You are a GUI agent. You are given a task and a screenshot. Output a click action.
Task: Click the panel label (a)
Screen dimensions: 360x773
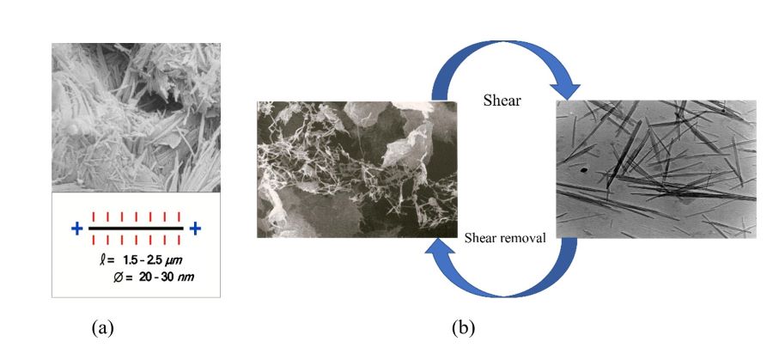click(x=102, y=327)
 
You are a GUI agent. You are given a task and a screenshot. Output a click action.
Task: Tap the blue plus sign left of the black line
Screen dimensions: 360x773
click(x=76, y=229)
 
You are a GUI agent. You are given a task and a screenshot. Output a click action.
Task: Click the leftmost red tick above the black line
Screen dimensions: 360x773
click(x=91, y=217)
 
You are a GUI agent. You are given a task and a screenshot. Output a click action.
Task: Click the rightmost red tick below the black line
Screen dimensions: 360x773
click(x=178, y=241)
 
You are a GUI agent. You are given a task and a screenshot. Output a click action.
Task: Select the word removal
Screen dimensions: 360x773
click(x=523, y=239)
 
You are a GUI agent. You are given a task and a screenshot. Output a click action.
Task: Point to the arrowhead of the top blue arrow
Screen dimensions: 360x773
click(x=563, y=88)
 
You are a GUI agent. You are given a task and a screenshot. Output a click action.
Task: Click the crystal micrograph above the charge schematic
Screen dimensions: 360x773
click(x=136, y=117)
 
